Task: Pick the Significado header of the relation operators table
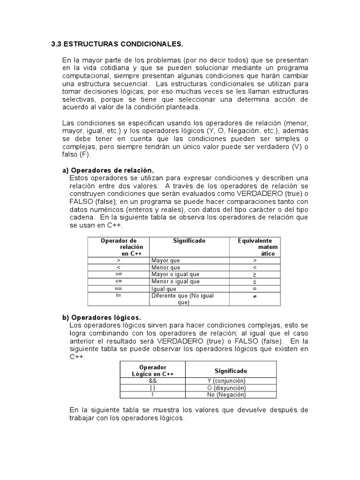(189, 240)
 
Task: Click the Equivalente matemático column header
(255, 247)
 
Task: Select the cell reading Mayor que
(165, 260)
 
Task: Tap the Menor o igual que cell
(175, 281)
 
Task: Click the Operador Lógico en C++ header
(153, 370)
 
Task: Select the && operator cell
(153, 381)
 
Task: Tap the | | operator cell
(153, 388)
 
